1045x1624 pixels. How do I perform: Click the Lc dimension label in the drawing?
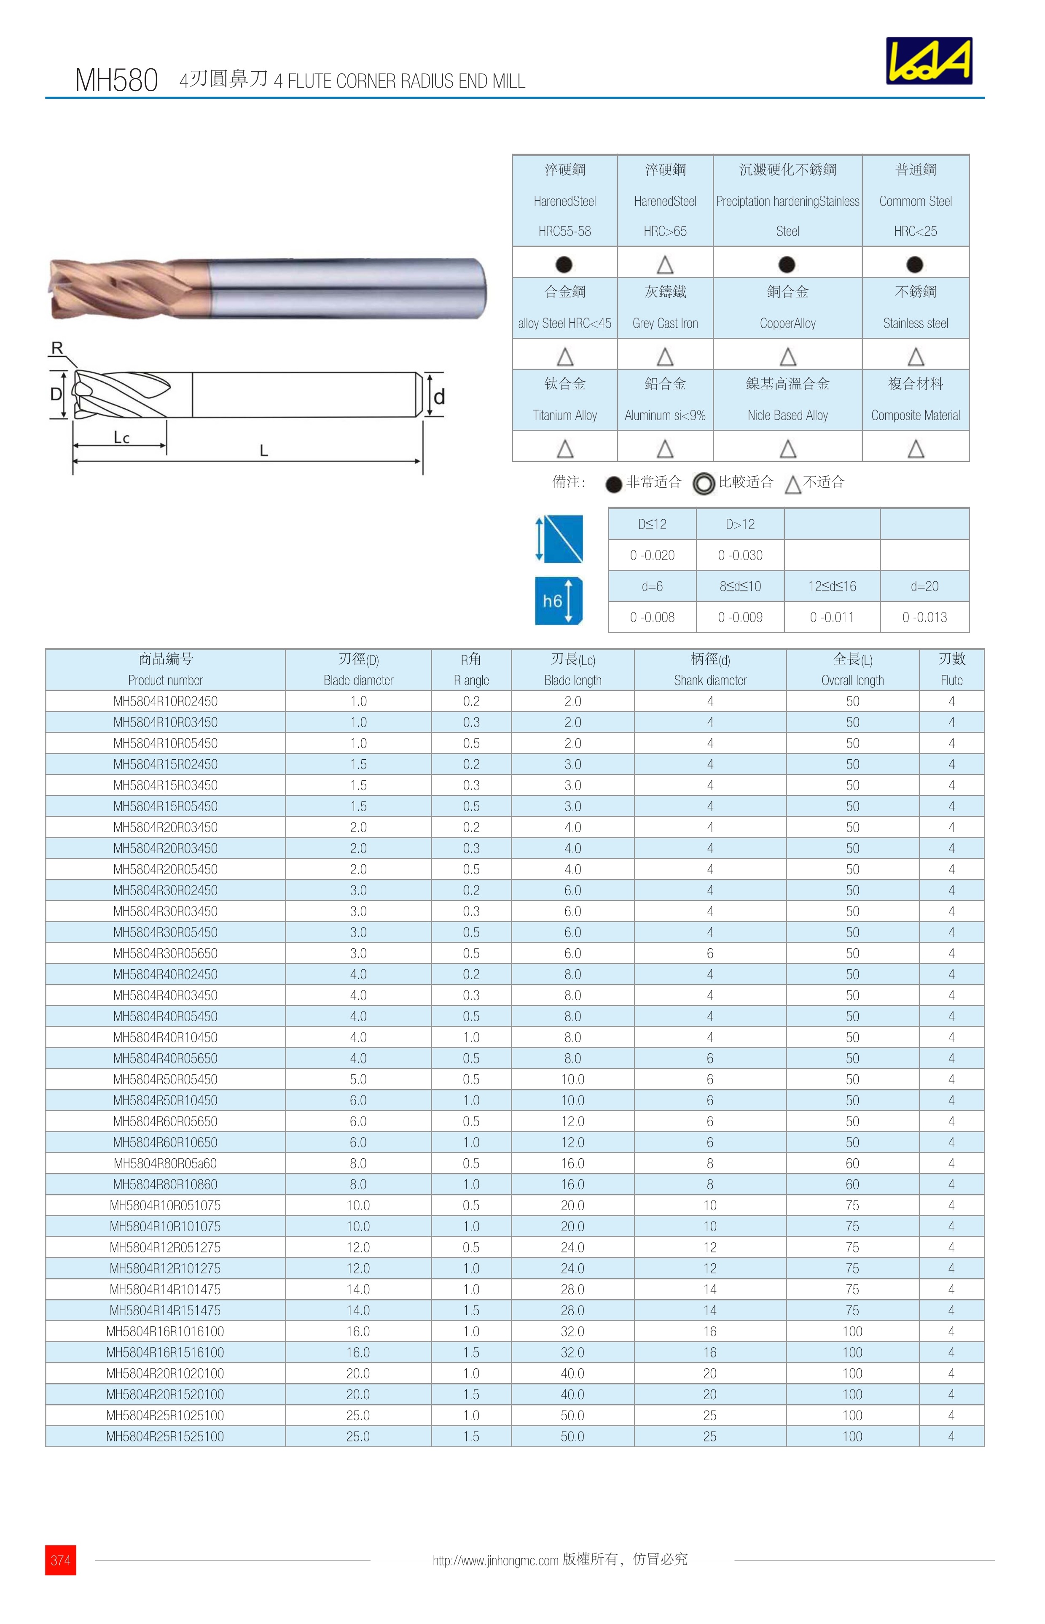click(121, 438)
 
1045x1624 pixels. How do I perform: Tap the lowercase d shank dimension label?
click(439, 397)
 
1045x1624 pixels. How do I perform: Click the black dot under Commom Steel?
click(915, 264)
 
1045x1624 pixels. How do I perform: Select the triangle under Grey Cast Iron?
click(665, 356)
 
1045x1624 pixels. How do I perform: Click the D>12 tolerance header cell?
click(740, 524)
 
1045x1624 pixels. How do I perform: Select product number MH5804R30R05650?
click(166, 953)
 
